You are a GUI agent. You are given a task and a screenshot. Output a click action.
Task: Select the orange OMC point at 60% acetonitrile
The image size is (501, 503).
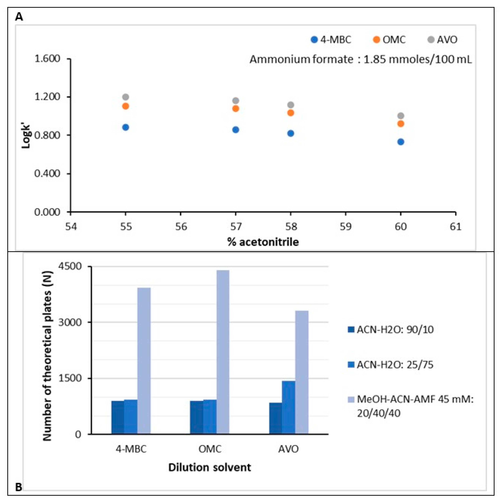pyautogui.click(x=401, y=124)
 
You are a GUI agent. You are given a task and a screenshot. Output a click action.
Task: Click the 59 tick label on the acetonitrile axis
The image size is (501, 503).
pyautogui.click(x=345, y=227)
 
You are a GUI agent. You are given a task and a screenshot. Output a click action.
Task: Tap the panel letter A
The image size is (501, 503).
pyautogui.click(x=19, y=17)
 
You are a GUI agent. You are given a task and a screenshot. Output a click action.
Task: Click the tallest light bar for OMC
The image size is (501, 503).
pyautogui.click(x=223, y=352)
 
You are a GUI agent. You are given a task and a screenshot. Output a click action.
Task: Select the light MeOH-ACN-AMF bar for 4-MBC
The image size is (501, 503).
pyautogui.click(x=144, y=361)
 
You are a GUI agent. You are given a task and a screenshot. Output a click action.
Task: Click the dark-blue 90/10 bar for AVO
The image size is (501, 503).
pyautogui.click(x=276, y=418)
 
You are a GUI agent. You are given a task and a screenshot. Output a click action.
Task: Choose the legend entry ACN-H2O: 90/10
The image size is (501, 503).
pyautogui.click(x=391, y=330)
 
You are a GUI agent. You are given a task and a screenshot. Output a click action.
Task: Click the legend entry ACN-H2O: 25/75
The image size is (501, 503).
pyautogui.click(x=391, y=365)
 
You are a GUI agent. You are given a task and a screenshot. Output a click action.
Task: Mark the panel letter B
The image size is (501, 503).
pyautogui.click(x=19, y=487)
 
